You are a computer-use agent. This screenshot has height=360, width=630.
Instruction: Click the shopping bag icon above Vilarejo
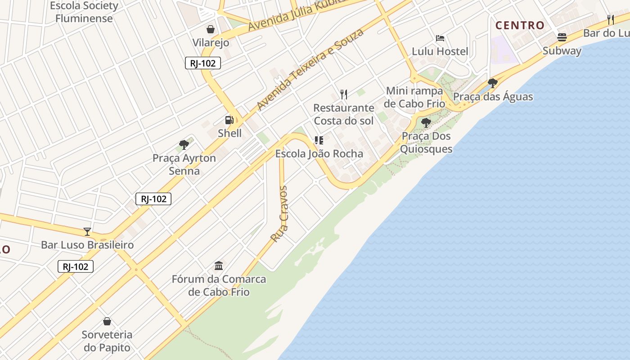[x=210, y=30]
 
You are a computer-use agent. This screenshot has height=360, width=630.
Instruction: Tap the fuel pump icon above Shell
[x=229, y=120]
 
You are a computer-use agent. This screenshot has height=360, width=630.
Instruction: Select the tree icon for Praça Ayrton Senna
[x=184, y=145]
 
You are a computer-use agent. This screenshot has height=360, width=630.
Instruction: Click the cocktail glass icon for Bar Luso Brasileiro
[x=87, y=232]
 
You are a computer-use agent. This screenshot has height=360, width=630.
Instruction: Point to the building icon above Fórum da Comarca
[x=219, y=265]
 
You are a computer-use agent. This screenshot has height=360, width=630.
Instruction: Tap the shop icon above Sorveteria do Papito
[x=107, y=321]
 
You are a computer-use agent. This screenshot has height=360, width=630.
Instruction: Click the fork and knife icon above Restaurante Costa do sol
[x=344, y=94]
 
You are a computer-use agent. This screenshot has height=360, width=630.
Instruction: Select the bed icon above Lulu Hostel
[x=440, y=38]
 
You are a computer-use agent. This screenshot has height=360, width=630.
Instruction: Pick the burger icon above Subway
[x=562, y=37]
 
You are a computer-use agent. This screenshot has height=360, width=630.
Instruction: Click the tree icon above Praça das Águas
[x=493, y=83]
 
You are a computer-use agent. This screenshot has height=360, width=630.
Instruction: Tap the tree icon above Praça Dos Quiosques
[x=426, y=122]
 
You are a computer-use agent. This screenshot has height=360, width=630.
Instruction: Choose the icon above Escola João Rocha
[x=319, y=140]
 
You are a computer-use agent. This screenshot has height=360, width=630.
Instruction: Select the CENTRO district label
[x=520, y=25]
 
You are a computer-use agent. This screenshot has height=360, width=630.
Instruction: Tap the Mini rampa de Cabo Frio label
[x=414, y=97]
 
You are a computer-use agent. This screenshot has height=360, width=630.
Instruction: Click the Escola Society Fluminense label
[x=84, y=12]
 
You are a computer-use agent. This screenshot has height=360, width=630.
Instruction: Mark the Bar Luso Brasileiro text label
[x=87, y=245]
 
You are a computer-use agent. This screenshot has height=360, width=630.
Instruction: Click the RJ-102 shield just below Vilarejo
[x=203, y=63]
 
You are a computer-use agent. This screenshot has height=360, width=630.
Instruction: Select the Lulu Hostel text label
[x=440, y=51]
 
